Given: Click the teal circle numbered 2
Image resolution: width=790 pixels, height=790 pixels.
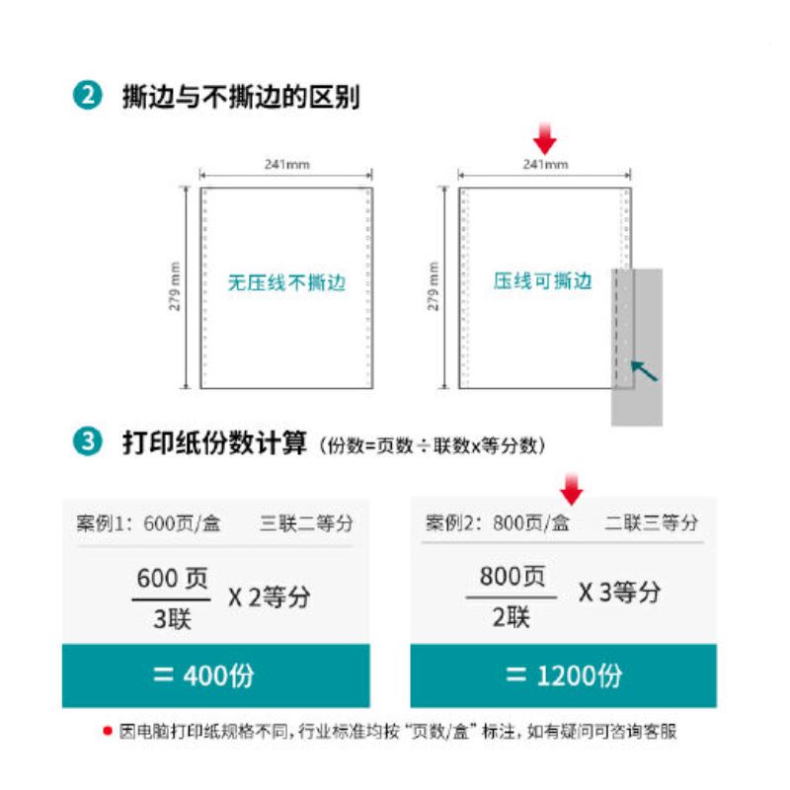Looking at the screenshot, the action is (88, 95).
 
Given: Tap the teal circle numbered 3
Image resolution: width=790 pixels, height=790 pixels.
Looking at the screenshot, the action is (88, 441).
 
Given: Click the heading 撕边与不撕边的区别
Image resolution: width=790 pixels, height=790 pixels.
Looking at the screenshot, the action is (241, 96).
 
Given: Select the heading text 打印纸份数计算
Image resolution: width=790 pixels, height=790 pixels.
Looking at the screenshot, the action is (214, 443).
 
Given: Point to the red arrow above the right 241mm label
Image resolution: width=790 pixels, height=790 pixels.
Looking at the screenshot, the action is (545, 138).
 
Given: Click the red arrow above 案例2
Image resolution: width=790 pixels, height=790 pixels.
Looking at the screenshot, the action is (572, 489).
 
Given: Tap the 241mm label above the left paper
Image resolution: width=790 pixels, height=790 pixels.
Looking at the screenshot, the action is (287, 164).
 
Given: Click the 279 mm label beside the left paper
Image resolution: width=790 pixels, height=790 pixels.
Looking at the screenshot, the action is (175, 286).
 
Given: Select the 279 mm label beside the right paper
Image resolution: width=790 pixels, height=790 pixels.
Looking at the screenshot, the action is (434, 286).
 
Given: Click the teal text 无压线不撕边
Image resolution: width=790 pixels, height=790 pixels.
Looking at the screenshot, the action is (286, 282).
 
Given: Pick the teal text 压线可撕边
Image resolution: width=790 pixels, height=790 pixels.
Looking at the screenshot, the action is (542, 280).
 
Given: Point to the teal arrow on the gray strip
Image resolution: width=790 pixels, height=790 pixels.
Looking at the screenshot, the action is (645, 371).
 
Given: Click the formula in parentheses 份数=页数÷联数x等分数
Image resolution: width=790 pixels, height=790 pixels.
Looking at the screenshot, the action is (433, 445).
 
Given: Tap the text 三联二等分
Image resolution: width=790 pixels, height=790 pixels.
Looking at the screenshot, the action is (306, 523).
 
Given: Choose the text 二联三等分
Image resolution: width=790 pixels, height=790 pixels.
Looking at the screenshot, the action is (651, 522).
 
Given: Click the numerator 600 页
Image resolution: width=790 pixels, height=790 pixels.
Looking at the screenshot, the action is (172, 578).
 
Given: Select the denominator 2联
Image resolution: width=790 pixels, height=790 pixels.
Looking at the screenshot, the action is (511, 616).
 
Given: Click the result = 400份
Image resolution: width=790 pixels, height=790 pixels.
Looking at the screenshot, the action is (203, 675).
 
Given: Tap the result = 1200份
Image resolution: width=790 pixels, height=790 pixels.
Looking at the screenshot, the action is (564, 675).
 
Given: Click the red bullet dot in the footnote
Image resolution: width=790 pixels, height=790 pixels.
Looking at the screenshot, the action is (108, 731).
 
